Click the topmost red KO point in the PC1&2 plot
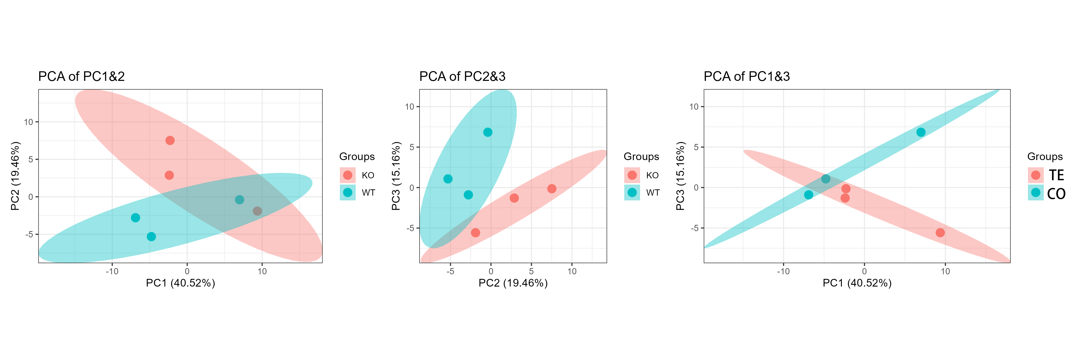[170, 140]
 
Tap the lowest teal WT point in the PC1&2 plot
[151, 237]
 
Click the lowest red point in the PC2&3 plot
[475, 233]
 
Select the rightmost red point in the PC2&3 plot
[552, 189]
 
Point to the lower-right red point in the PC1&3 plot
[940, 233]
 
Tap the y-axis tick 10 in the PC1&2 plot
[29, 122]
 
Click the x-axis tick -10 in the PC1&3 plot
[783, 272]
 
